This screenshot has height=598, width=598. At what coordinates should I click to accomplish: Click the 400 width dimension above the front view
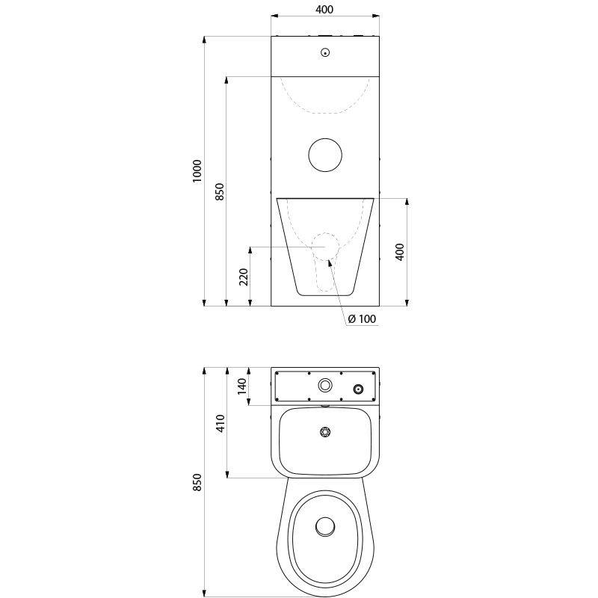click(325, 9)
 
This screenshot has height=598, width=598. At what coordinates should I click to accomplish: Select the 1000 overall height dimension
click(197, 171)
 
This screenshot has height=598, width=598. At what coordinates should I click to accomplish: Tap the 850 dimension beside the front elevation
click(219, 191)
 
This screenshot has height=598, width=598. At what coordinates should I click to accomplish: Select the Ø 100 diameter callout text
click(363, 318)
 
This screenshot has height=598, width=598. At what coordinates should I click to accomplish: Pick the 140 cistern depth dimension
click(241, 386)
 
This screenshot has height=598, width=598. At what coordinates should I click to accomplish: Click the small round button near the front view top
click(325, 53)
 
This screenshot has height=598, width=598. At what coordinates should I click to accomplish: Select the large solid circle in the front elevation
click(325, 154)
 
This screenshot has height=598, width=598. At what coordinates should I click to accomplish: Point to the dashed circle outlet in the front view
click(325, 247)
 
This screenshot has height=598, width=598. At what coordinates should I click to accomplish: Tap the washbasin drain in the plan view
click(325, 432)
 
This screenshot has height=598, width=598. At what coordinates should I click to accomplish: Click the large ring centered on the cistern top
click(325, 385)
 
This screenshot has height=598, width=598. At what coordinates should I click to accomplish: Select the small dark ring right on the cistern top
click(359, 389)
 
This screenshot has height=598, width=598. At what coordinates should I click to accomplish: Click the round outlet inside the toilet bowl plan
click(325, 526)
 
